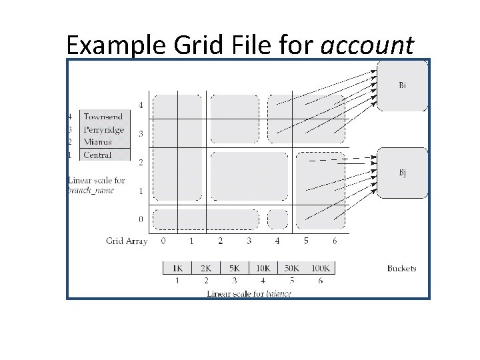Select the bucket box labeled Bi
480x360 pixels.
[x=403, y=85]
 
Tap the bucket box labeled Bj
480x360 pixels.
[x=403, y=173]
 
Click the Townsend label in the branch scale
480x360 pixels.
[x=103, y=117]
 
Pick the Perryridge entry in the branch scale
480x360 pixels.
[x=103, y=129]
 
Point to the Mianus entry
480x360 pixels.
[x=97, y=142]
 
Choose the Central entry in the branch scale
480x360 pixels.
[x=97, y=155]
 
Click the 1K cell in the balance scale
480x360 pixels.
[x=177, y=268]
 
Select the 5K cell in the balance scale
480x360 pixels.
[x=235, y=268]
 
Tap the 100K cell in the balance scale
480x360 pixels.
[x=320, y=268]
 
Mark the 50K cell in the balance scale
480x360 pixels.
[x=291, y=268]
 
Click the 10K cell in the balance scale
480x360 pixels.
[x=263, y=268]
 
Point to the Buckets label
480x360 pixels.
[x=402, y=269]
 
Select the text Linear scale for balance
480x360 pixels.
[x=249, y=293]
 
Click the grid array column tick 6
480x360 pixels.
[x=335, y=240]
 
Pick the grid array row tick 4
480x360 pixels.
[x=140, y=105]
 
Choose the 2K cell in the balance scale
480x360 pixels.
[x=206, y=268]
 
